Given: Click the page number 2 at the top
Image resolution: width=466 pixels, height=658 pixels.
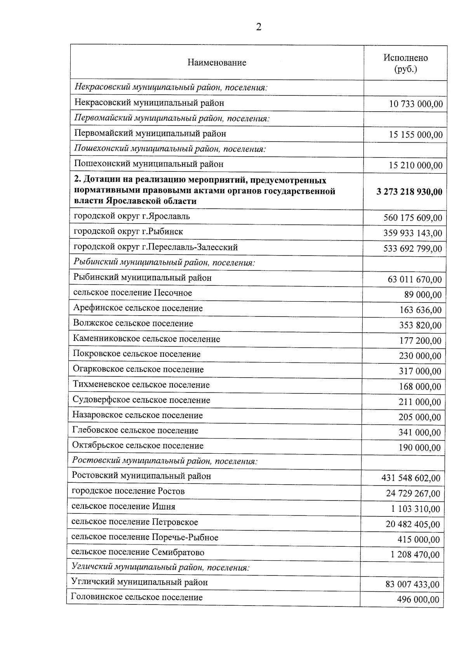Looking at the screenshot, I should (x=259, y=27).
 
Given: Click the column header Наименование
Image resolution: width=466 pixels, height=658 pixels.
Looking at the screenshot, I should (x=217, y=63).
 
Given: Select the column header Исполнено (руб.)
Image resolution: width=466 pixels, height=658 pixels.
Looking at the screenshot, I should (x=405, y=63).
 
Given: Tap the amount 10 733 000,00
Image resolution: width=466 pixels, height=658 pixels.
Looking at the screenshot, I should (x=416, y=104).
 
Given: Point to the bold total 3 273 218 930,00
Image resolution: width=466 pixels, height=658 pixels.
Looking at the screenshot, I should (x=409, y=192).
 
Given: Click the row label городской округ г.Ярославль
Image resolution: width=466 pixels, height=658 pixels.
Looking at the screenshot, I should (x=132, y=216).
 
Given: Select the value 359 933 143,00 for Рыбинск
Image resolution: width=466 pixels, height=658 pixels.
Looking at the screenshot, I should (x=413, y=233).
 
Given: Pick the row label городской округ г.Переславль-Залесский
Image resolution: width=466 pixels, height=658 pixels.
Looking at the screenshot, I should (x=155, y=247).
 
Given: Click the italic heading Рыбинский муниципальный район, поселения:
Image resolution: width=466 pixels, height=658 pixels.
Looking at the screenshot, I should (x=164, y=263).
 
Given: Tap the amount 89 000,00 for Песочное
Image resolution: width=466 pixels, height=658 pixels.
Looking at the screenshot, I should (x=423, y=295).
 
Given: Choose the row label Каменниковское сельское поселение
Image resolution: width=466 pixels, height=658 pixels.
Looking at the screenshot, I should (x=146, y=339).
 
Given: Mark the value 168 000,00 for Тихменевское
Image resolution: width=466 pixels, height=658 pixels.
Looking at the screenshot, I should (x=420, y=387).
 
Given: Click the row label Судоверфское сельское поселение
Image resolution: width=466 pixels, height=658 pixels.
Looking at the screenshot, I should (x=141, y=400).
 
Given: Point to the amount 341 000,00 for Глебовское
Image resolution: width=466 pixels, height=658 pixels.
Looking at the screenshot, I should (x=419, y=433).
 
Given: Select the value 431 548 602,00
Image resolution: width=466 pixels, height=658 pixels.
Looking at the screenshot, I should (x=411, y=478).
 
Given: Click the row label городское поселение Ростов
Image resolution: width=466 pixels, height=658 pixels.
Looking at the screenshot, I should (x=128, y=491).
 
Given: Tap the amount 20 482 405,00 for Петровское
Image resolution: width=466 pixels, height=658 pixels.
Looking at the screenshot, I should (x=412, y=525).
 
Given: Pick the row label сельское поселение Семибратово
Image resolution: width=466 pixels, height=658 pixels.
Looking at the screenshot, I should (x=138, y=552).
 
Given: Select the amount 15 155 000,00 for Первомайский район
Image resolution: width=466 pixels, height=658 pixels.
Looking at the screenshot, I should (x=416, y=135).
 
